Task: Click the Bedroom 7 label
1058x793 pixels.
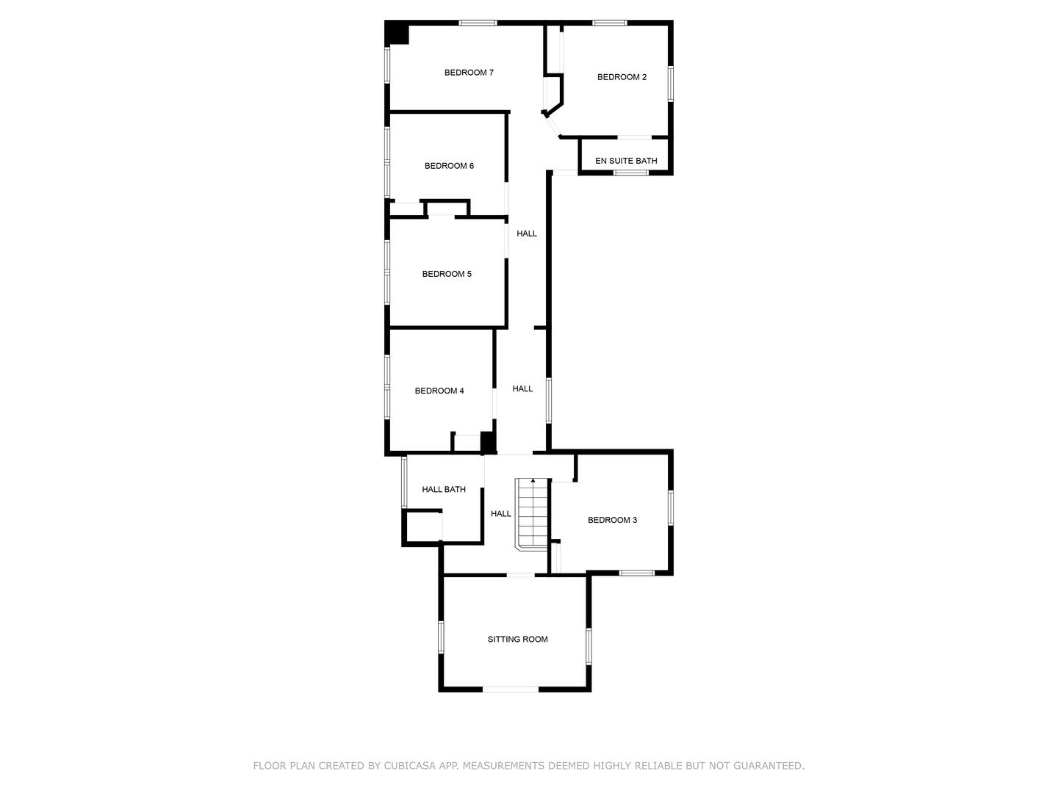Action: [x=469, y=73]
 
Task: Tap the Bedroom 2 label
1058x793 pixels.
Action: [x=622, y=77]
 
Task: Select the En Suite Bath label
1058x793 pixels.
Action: [x=626, y=161]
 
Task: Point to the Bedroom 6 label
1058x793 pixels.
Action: [x=449, y=166]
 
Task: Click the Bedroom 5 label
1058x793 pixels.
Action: [x=447, y=274]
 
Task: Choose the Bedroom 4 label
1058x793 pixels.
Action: [x=439, y=391]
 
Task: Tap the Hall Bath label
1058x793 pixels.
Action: [x=444, y=489]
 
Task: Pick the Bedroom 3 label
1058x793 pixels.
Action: [x=612, y=520]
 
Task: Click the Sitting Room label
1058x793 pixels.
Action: [x=517, y=640]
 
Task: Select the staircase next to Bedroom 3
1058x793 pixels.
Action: [x=532, y=513]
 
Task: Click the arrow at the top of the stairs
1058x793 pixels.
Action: [x=533, y=481]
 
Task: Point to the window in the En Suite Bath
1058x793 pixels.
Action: [x=631, y=173]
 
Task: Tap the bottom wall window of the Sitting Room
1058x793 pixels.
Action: [x=511, y=689]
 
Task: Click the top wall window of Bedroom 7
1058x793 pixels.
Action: [x=478, y=23]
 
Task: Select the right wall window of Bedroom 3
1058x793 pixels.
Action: [x=670, y=507]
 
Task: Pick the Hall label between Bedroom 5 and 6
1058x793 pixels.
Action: [x=527, y=233]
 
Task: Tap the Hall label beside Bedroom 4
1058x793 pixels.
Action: [x=522, y=388]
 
